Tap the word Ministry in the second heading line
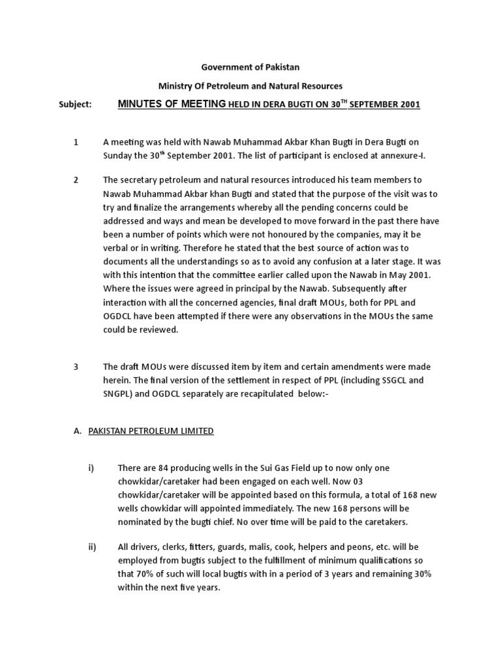(x=176, y=86)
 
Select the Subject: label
(x=74, y=104)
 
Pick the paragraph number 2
(x=76, y=179)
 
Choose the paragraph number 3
(x=76, y=367)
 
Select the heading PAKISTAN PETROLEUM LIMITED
(x=151, y=431)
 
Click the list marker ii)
(x=92, y=547)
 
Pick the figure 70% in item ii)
(x=146, y=574)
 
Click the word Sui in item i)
(x=277, y=468)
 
